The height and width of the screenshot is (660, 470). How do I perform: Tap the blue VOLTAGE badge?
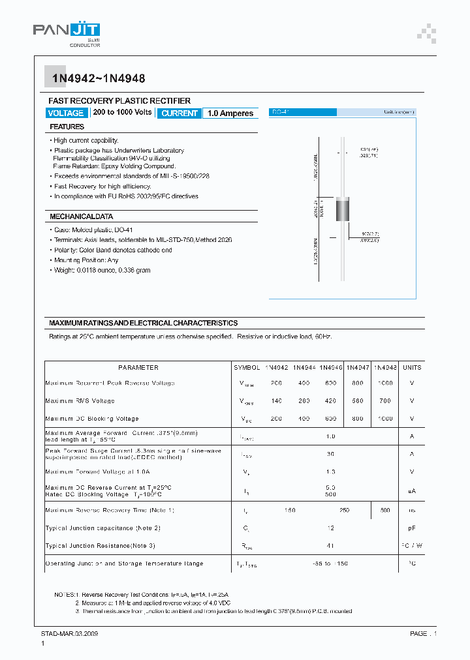(x=66, y=113)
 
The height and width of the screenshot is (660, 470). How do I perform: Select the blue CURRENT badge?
(x=180, y=113)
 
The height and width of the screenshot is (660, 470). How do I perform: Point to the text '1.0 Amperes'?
(x=230, y=113)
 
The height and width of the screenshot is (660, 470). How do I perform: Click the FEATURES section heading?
(x=67, y=127)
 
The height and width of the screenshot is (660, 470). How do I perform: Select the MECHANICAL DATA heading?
(x=82, y=216)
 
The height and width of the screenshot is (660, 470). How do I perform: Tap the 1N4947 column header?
(x=358, y=367)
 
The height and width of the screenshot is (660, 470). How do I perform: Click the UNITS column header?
(x=412, y=367)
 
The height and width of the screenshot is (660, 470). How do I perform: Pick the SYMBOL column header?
(x=247, y=367)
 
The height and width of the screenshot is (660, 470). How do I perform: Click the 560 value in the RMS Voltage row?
(x=358, y=400)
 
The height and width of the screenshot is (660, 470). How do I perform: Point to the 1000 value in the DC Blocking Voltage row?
(x=385, y=418)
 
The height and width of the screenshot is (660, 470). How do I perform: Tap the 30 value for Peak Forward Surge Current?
(x=330, y=454)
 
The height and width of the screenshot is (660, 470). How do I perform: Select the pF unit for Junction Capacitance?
(x=412, y=528)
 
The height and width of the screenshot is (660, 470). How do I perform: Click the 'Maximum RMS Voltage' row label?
(x=80, y=400)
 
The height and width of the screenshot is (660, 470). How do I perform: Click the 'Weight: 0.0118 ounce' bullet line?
(x=102, y=270)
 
